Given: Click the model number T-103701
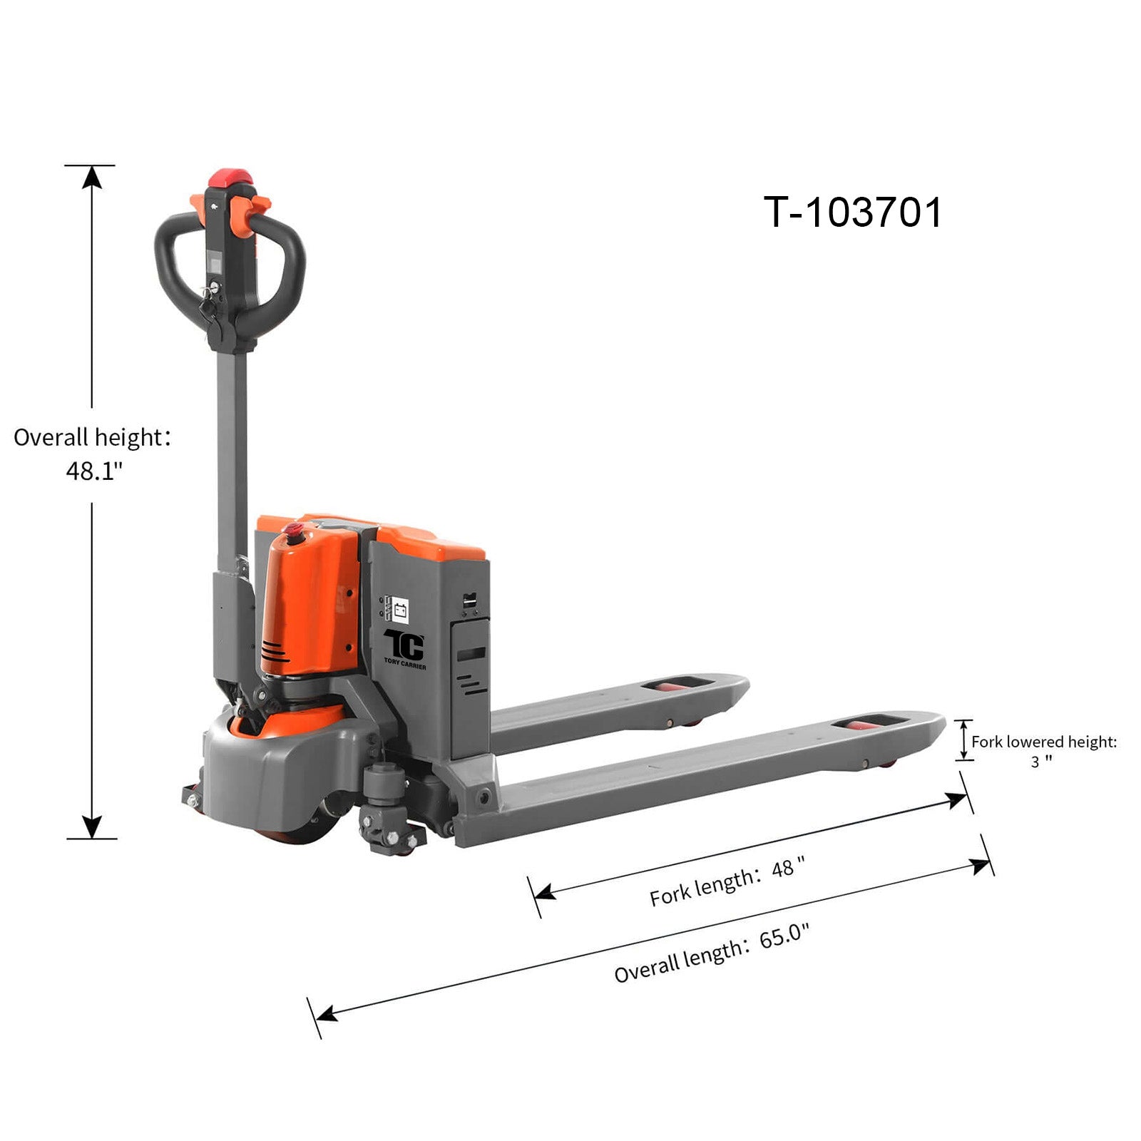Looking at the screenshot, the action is (853, 213).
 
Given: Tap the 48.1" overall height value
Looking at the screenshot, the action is (94, 471).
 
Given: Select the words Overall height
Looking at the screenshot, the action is (88, 437).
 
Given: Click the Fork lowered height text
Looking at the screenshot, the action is (1044, 742).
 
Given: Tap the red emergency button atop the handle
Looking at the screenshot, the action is (230, 177).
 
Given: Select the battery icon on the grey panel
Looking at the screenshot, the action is (400, 610).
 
